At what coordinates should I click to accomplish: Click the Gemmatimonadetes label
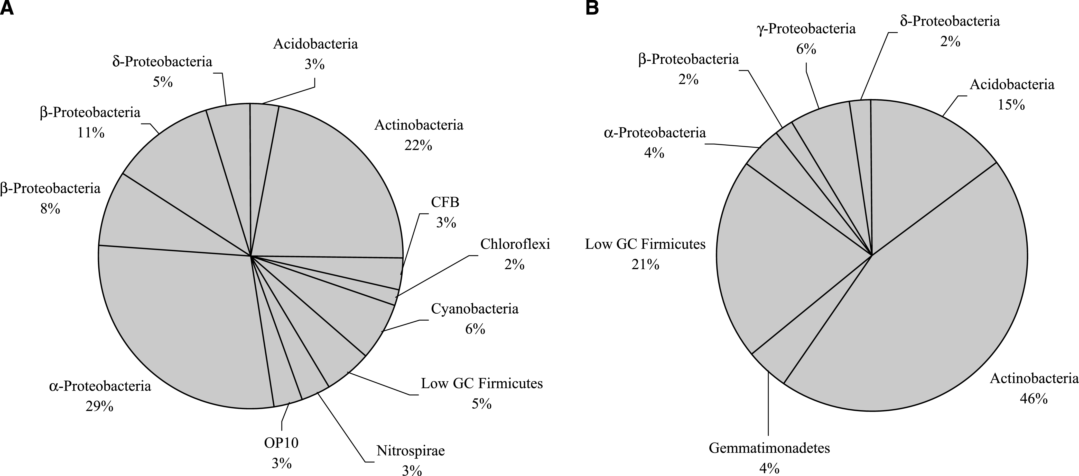pos(769,448)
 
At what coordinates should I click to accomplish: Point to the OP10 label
pos(281,443)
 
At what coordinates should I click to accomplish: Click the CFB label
pos(445,202)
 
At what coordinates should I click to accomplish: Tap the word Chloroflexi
pos(515,244)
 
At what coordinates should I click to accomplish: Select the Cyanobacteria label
pos(475,309)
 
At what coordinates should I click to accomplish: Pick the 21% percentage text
pos(645,265)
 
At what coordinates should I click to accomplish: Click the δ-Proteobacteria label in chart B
pos(950,21)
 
